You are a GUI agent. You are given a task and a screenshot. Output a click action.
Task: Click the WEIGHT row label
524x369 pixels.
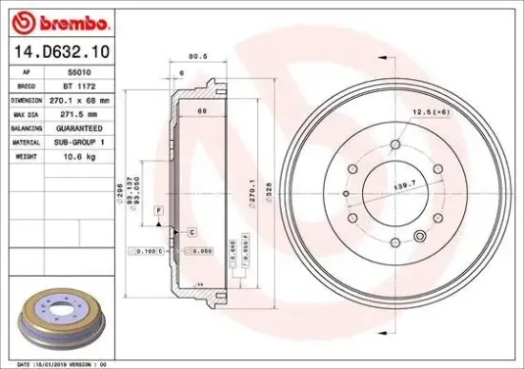point(26,155)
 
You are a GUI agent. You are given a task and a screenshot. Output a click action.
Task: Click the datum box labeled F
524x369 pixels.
point(159,208)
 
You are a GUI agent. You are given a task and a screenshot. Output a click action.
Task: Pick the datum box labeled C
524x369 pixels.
point(191,232)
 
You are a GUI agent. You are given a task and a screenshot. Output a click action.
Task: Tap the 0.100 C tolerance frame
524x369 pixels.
point(149,250)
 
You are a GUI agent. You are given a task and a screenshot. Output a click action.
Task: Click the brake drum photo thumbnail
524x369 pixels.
point(65,316)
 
